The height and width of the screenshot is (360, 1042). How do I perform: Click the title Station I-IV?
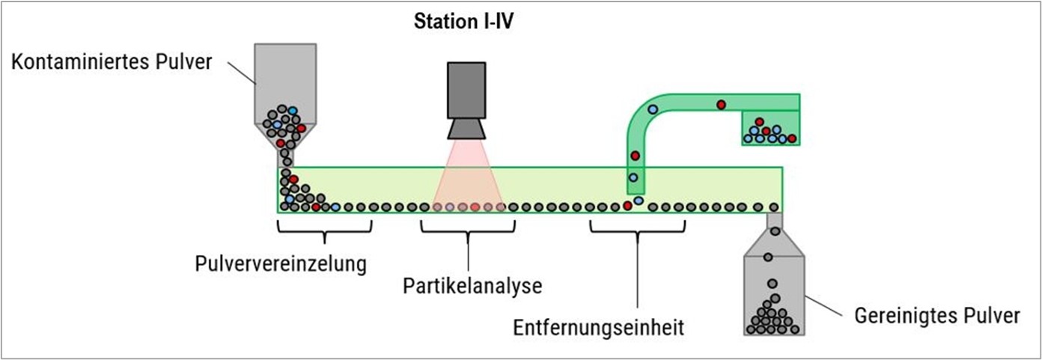[x=463, y=21]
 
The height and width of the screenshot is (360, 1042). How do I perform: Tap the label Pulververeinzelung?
[x=281, y=263]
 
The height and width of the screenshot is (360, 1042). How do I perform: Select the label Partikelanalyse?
[x=472, y=285]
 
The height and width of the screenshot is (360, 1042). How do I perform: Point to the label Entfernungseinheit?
[x=599, y=327]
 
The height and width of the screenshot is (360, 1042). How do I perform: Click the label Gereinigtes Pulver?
[x=936, y=316]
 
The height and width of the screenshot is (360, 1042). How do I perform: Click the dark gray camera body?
[x=467, y=91]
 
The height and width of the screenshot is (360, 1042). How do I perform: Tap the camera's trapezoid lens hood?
[x=468, y=129]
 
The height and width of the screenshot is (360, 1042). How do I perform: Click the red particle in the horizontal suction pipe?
[x=721, y=104]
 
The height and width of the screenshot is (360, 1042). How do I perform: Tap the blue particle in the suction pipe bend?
[x=653, y=109]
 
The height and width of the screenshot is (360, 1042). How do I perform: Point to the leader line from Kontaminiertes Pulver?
[x=240, y=73]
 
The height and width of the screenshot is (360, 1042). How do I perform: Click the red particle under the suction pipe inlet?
[x=627, y=206]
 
